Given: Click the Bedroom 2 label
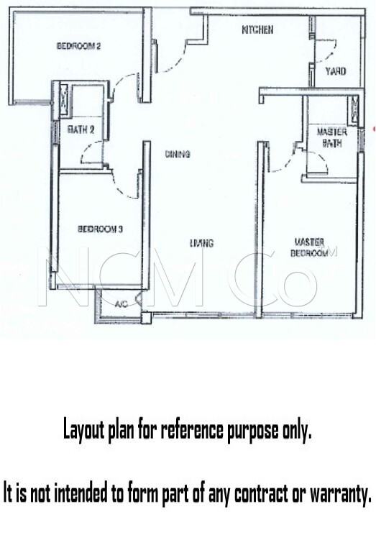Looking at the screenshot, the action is pos(78,46).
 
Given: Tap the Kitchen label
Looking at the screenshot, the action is pos(257,29).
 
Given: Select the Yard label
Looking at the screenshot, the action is pos(336,72).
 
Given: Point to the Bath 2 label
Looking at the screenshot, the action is pos(81,129).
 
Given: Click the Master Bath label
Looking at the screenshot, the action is pos(331,137).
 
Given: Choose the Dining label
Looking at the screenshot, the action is pos(178,154).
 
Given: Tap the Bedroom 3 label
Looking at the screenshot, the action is pos(100,229).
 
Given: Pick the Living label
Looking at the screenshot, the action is pos(201,243).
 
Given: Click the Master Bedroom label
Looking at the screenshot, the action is pos(309,247).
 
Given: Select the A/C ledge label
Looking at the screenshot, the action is pos(121,303).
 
